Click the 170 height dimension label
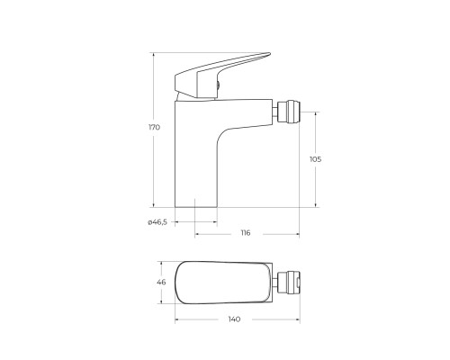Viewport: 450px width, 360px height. pos(155,128)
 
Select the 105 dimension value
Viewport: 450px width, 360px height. pos(315,159)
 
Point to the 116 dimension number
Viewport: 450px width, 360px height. pos(246,233)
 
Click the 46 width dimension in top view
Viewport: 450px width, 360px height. pos(162,283)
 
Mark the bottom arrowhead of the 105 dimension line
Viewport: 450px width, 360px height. pos(315,204)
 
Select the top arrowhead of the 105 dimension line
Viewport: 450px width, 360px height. pos(315,114)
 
